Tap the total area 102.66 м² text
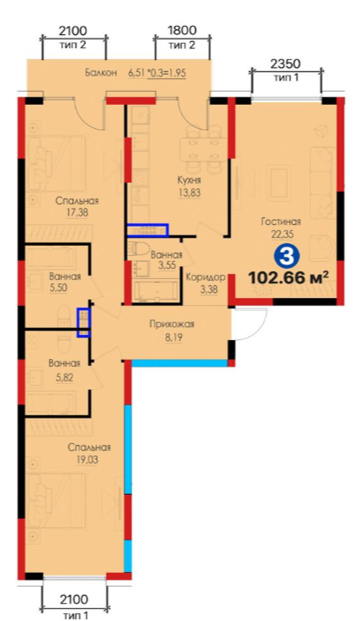289,278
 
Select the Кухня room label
189,180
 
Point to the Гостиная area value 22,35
282,234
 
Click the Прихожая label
172,325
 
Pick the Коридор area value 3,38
210,289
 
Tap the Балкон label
101,73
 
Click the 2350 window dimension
286,64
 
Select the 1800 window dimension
182,31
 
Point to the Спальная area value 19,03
88,460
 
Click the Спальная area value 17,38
77,213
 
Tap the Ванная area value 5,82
64,377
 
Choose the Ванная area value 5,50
58,288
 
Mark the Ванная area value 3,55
167,265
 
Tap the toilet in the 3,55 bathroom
137,249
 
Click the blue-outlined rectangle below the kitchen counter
148,230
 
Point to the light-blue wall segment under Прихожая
180,363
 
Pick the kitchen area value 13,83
189,193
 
